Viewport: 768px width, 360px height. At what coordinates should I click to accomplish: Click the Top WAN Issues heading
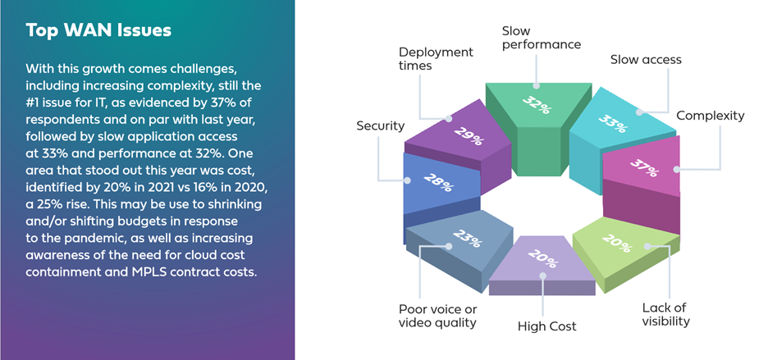[98, 31]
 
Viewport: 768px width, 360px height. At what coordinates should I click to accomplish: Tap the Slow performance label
[542, 38]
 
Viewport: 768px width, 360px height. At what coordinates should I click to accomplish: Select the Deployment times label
[436, 59]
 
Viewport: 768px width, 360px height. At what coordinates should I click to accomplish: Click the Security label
[381, 126]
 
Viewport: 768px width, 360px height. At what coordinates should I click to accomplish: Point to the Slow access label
[646, 60]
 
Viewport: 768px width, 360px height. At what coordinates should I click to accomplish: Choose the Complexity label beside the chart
[711, 116]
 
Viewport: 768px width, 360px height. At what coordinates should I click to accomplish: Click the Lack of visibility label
[665, 314]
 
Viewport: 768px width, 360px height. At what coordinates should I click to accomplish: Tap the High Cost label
[547, 326]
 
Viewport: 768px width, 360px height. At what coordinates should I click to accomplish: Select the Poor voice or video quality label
[437, 316]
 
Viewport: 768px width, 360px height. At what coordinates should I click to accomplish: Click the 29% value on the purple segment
[469, 135]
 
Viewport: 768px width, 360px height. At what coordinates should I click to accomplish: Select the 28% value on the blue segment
[438, 182]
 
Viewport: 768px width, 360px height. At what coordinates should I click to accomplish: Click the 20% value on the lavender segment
[542, 258]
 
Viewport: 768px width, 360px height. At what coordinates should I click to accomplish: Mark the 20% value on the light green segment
[616, 243]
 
